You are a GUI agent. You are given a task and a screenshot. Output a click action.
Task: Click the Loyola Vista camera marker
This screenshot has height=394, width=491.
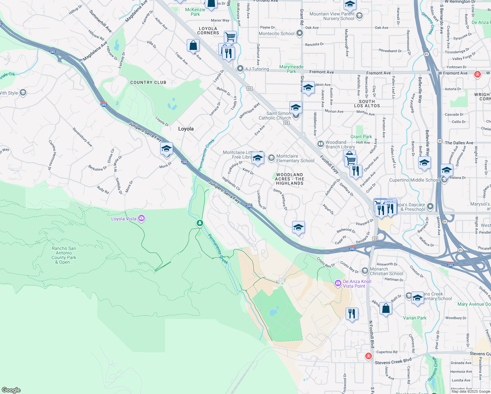[x=141, y=218]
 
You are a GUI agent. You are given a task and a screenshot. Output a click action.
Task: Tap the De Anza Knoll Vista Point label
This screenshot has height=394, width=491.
[x=357, y=284]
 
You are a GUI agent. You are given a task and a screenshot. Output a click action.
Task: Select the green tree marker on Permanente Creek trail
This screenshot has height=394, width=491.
[x=200, y=224]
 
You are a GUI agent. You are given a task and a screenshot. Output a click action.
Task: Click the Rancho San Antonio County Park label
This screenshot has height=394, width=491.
[x=64, y=255]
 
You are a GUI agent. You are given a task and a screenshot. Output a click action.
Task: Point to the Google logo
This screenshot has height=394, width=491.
[x=11, y=390]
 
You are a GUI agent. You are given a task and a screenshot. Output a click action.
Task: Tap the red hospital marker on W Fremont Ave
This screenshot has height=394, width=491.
[x=478, y=74]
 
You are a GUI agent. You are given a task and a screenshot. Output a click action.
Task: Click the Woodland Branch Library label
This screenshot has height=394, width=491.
[x=340, y=144]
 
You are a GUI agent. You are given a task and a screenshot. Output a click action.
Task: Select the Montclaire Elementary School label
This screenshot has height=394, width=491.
[x=295, y=158]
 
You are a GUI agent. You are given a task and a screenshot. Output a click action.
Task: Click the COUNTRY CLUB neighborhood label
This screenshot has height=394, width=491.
[x=148, y=82]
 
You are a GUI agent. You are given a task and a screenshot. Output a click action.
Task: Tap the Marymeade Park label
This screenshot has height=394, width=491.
[x=291, y=69]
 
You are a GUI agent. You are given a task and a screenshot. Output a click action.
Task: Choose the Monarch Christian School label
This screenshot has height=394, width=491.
[x=386, y=271]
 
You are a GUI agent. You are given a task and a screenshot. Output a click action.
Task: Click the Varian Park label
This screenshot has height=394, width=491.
[x=415, y=318]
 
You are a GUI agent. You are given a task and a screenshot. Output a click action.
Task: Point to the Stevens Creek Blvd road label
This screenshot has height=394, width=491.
[x=393, y=362]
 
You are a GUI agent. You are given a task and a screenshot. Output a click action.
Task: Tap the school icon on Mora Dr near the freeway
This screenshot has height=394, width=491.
[x=166, y=149]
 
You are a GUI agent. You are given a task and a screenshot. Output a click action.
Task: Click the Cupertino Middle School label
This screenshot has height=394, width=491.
[x=414, y=180]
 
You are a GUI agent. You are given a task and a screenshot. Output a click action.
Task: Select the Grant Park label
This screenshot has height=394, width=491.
[x=361, y=137]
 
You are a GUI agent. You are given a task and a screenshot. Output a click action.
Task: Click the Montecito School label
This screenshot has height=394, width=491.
[x=276, y=33]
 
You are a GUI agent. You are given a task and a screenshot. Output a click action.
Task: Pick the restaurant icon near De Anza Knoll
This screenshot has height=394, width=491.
[x=352, y=314]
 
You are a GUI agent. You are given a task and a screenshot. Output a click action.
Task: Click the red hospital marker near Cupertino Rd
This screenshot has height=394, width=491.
[x=369, y=356]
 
